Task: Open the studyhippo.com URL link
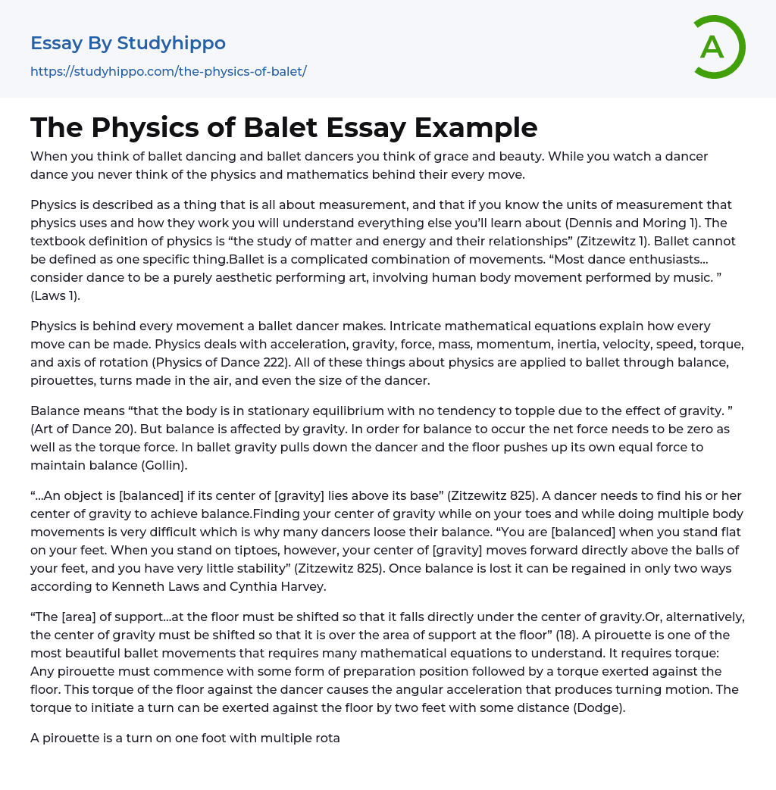click(168, 71)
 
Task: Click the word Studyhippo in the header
click(171, 43)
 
